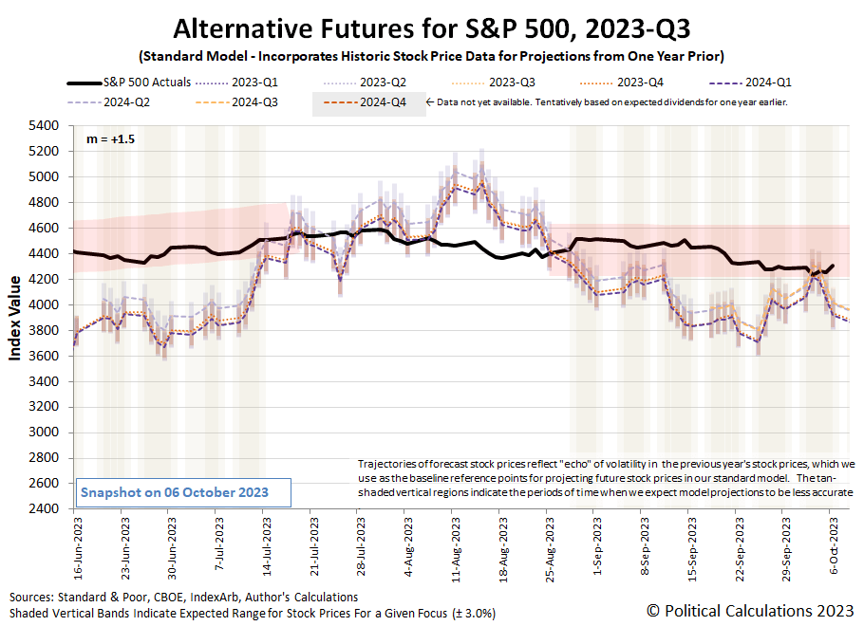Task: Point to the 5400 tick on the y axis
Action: [x=47, y=125]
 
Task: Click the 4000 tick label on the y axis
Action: [x=47, y=304]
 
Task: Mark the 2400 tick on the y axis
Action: [x=47, y=509]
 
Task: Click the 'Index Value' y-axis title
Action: [x=16, y=318]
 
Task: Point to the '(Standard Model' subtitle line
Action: [x=431, y=53]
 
